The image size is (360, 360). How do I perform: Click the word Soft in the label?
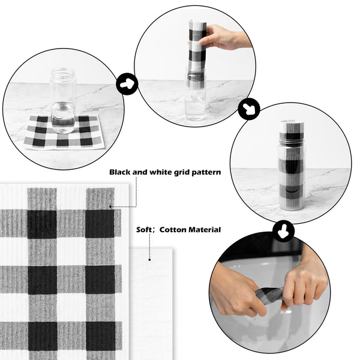[144, 230]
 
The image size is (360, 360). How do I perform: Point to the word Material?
[205, 230]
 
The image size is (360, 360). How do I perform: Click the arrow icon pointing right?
[127, 84]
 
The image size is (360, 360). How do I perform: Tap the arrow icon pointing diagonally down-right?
[249, 109]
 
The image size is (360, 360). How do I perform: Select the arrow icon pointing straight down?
[283, 231]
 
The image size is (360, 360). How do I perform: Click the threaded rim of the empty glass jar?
[63, 73]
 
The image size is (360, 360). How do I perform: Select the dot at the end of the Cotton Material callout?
[149, 260]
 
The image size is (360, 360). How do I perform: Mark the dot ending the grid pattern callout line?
[110, 206]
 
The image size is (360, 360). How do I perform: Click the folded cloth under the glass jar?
[64, 133]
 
